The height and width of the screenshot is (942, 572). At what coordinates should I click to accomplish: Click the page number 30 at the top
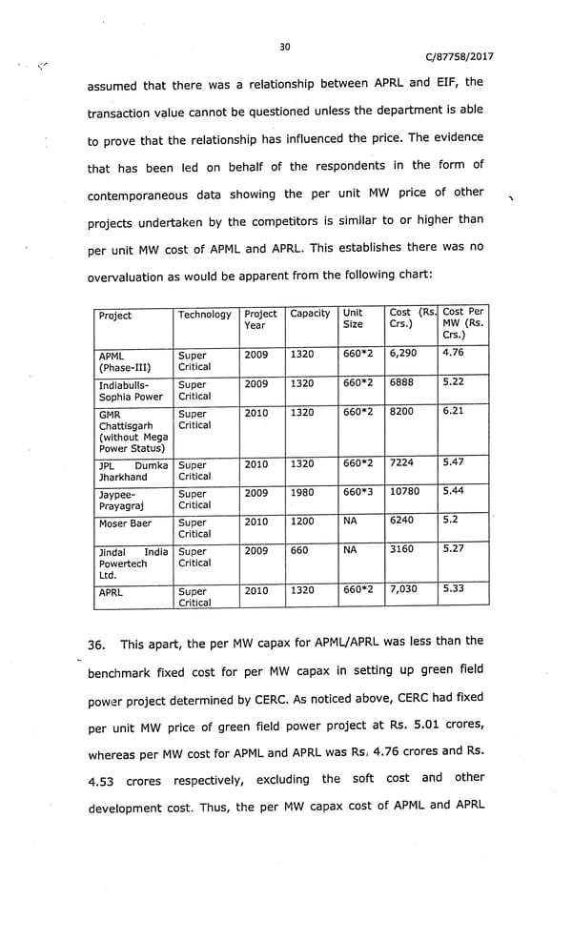point(284,47)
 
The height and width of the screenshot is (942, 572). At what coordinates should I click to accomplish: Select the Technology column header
point(204,315)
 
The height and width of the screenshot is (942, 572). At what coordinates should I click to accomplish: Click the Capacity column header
point(310,314)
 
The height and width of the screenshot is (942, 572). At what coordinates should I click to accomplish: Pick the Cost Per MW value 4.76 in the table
point(453,354)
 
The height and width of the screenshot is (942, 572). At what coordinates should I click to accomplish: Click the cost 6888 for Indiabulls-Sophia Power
point(402,383)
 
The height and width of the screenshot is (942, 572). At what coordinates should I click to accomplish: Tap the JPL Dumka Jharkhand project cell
point(133,471)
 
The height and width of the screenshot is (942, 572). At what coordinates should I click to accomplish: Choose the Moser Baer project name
point(124,523)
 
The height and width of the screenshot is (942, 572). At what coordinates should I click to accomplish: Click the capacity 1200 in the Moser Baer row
point(302,522)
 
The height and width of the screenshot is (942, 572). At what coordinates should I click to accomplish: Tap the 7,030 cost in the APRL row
point(403,589)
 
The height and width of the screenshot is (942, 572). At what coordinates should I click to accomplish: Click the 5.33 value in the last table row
point(453,589)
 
